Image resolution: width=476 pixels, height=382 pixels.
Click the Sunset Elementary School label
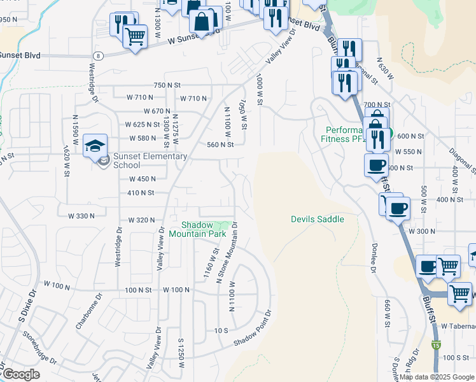(150, 160)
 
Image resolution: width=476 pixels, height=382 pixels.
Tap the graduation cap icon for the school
(95, 145)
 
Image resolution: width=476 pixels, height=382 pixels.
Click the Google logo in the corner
(20, 375)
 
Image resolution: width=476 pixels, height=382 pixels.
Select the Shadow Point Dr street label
(253, 329)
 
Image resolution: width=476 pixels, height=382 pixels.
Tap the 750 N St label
(167, 85)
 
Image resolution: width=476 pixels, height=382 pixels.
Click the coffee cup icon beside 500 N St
(375, 165)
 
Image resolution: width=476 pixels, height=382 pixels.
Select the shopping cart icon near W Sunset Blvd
(134, 38)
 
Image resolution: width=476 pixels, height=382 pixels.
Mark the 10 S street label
(221, 330)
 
